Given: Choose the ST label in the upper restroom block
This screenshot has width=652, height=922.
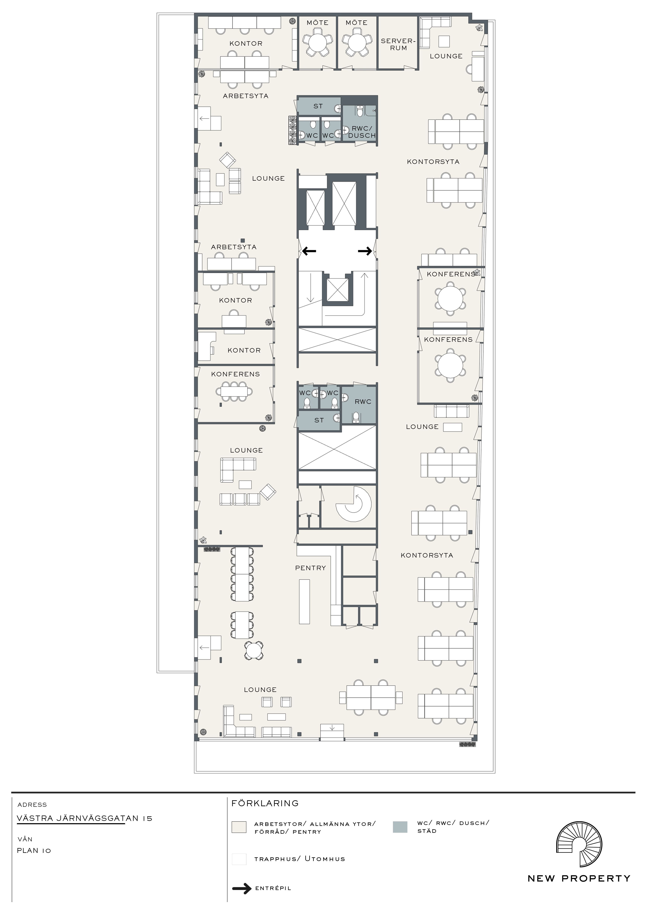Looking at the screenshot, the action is tap(318, 106).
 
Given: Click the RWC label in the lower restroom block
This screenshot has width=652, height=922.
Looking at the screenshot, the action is tap(363, 402).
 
